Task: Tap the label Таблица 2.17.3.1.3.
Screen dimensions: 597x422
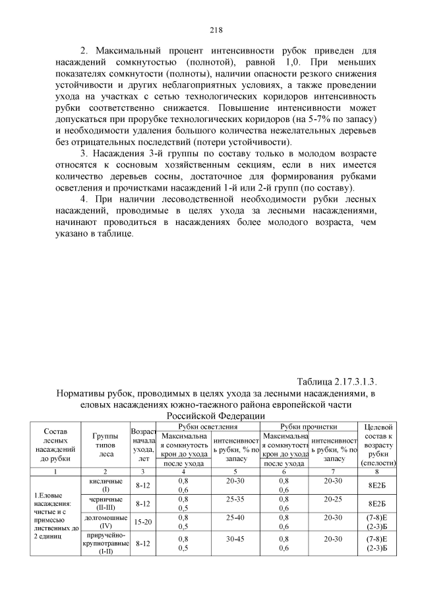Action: [x=337, y=382]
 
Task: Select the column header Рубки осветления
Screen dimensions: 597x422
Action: [x=207, y=427]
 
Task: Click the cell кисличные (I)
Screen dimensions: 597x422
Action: [x=105, y=486]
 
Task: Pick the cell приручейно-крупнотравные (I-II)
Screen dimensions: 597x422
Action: [x=105, y=544]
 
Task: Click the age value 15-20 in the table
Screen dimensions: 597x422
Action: [x=143, y=522]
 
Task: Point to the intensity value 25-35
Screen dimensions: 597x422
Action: [x=235, y=499]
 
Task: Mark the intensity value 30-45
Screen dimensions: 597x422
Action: [x=235, y=540]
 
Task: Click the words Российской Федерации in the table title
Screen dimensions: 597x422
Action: [x=216, y=416]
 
